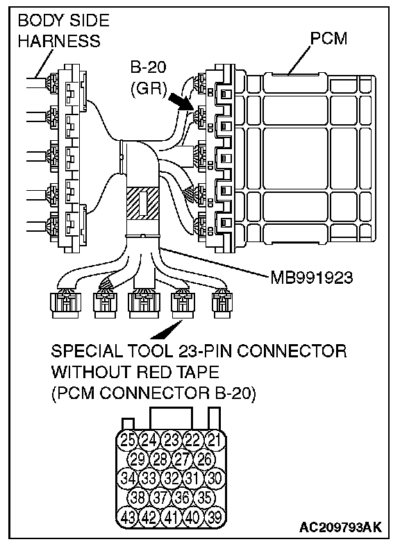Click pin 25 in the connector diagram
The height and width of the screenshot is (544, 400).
pos(128,440)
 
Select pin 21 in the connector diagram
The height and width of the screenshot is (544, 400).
pos(215,440)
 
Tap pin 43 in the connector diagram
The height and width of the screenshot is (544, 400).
pos(128,518)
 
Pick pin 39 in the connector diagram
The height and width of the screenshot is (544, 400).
pos(215,518)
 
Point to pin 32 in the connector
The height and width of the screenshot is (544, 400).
pos(171,479)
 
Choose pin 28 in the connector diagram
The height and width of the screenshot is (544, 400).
pos(160,459)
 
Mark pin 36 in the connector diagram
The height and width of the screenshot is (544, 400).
pos(182,498)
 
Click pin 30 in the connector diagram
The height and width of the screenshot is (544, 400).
pos(215,479)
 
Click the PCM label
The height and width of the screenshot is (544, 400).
pos(328,39)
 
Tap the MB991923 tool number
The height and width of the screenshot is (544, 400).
pos(311,278)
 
